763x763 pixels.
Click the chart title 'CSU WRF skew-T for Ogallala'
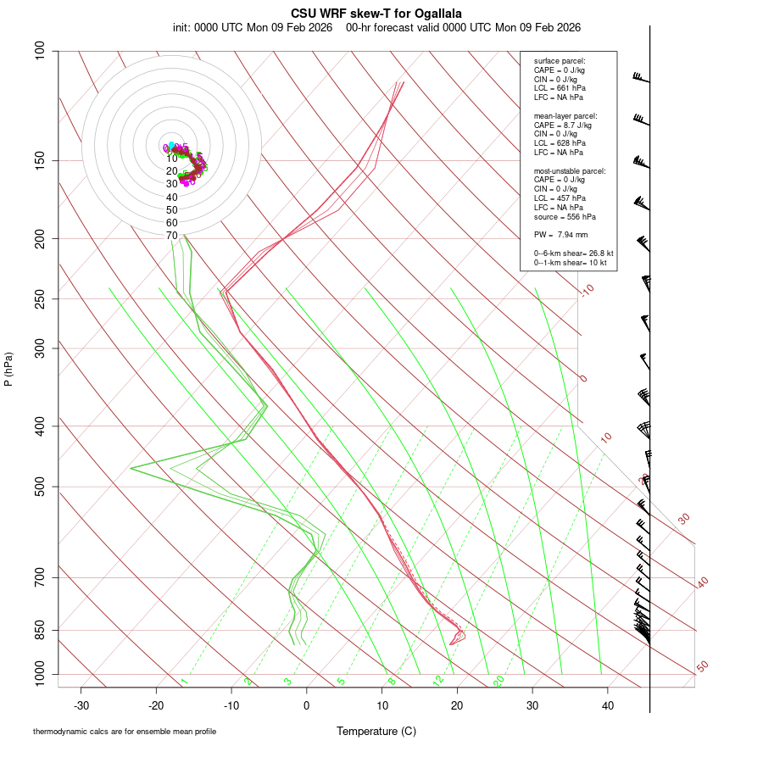pyautogui.click(x=376, y=14)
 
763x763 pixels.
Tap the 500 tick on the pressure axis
pyautogui.click(x=41, y=487)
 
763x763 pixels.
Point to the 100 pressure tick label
pyautogui.click(x=41, y=51)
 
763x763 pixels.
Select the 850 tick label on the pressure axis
pyautogui.click(x=41, y=631)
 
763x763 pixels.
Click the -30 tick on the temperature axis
pyautogui.click(x=81, y=705)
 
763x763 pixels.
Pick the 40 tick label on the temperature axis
pyautogui.click(x=608, y=705)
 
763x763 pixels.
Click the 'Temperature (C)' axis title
pyautogui.click(x=376, y=731)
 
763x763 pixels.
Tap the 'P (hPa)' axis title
pyautogui.click(x=8, y=370)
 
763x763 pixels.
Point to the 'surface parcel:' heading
pyautogui.click(x=560, y=61)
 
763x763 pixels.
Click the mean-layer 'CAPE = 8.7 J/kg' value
pyautogui.click(x=563, y=125)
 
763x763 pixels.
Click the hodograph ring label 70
pyautogui.click(x=172, y=235)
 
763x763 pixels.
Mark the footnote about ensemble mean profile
pyautogui.click(x=125, y=732)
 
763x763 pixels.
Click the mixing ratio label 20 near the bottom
pyautogui.click(x=499, y=680)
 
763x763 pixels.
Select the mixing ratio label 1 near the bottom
pyautogui.click(x=184, y=682)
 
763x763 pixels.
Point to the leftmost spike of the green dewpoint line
pyautogui.click(x=131, y=468)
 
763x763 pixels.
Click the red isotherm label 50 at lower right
pyautogui.click(x=702, y=667)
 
